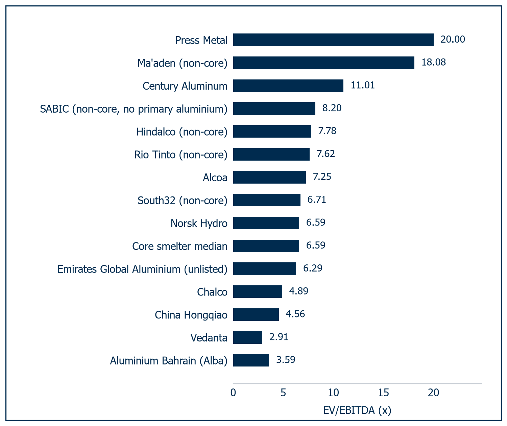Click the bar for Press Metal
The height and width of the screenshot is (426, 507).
pos(333,40)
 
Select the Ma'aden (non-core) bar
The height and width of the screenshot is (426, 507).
pos(324,63)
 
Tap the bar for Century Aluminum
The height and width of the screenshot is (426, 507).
pos(288,86)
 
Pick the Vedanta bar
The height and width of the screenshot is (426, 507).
pos(248,337)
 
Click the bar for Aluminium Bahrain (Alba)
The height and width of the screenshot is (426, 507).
pos(251,360)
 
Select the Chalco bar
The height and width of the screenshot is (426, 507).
pos(258,291)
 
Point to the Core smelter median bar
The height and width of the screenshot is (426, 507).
pos(266,246)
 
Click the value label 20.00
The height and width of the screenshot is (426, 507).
pos(453,39)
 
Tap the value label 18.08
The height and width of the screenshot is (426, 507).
pos(434,62)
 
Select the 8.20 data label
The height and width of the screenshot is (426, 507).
pos(332,108)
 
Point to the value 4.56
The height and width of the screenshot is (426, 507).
pos(295,314)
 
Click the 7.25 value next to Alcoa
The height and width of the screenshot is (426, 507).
pos(322,177)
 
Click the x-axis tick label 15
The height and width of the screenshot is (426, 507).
pos(384,393)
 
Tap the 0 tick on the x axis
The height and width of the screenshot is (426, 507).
pos(233,393)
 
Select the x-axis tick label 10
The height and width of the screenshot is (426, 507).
pos(333,393)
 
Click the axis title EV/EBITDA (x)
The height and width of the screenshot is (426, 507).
pos(357,410)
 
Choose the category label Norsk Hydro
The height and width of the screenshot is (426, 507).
pos(199,223)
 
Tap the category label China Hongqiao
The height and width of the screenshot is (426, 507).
pos(191,315)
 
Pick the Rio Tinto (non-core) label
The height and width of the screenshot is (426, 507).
pos(181,155)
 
